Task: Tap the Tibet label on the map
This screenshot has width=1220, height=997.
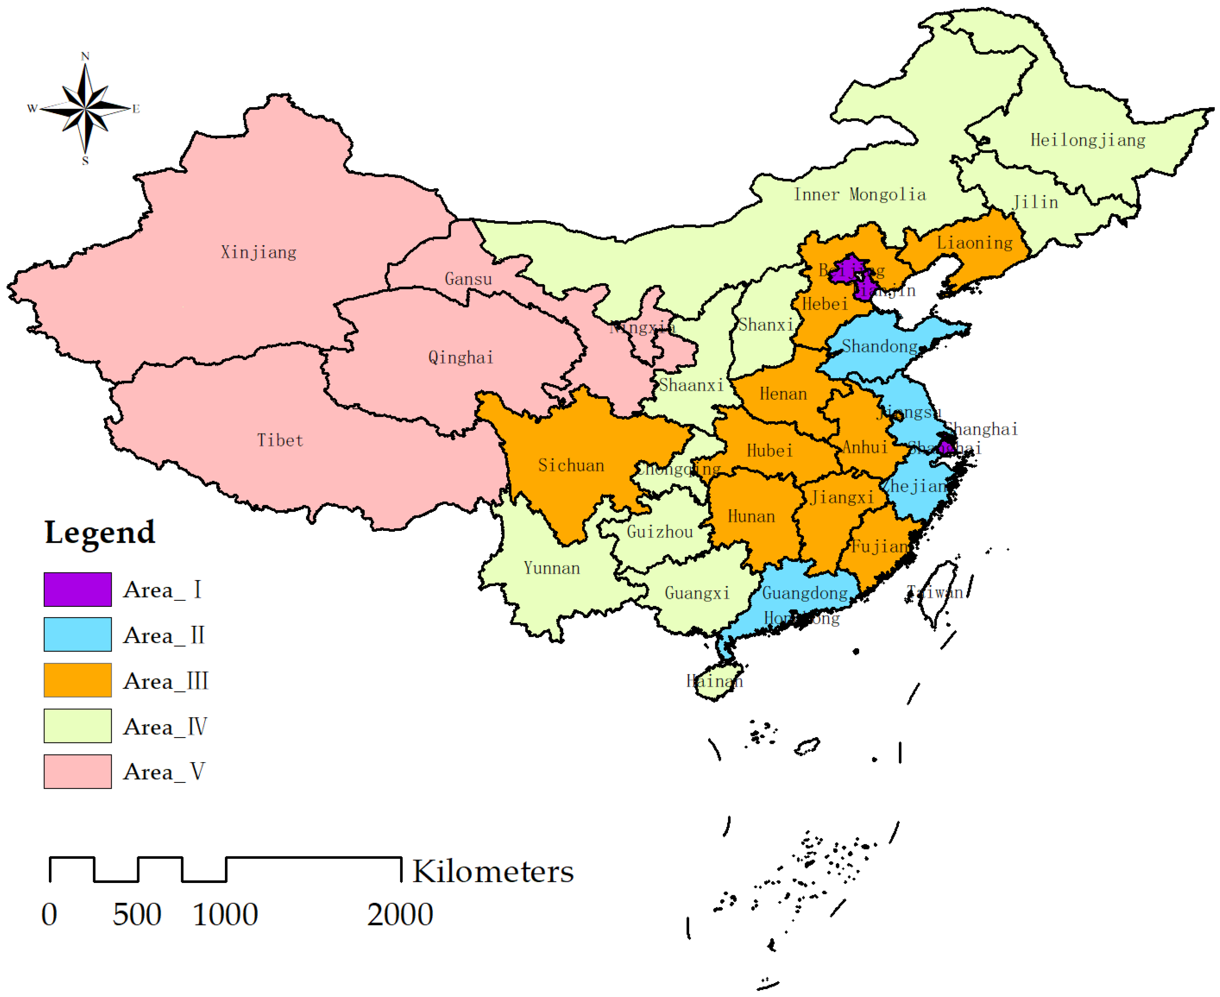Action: pos(280,441)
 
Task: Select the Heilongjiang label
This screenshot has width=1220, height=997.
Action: pos(1087,140)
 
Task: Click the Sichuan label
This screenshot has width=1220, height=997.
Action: pos(571,465)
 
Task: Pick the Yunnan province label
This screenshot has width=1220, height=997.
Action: pos(552,568)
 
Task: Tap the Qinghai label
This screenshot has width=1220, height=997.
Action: pos(461,357)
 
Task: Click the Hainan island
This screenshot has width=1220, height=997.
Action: pos(716,683)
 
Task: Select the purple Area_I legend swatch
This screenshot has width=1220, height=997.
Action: pos(77,589)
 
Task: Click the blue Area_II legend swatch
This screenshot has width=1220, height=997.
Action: pos(77,635)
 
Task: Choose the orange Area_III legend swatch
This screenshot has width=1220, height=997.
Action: pos(77,680)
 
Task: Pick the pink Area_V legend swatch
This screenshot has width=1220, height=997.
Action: pos(77,771)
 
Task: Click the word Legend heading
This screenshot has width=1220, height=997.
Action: pos(100,532)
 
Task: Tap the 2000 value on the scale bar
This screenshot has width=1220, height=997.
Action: pos(400,915)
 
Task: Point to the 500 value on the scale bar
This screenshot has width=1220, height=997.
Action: pos(137,915)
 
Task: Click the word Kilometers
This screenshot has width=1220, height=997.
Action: pos(493,872)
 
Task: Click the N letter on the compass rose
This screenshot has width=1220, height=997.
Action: pos(85,56)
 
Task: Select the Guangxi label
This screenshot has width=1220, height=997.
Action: pos(697,593)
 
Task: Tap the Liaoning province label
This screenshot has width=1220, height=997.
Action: pos(975,243)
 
